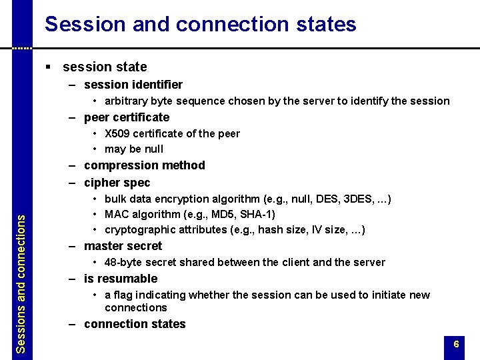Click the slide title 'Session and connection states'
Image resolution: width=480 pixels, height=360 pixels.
(x=200, y=25)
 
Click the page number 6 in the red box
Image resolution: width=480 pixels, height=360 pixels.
(x=456, y=345)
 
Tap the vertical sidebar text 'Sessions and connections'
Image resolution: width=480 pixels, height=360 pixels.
(x=21, y=283)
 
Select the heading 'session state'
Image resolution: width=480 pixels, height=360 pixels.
(x=105, y=67)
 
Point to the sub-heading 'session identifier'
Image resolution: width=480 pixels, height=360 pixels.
(x=133, y=85)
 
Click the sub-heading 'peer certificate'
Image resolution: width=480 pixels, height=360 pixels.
(x=127, y=117)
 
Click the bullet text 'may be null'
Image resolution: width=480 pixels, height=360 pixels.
(x=133, y=149)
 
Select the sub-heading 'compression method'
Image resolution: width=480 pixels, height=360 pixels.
(x=144, y=165)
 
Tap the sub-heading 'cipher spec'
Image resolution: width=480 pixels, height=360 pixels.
(x=117, y=183)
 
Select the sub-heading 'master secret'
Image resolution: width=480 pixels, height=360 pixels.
(x=123, y=246)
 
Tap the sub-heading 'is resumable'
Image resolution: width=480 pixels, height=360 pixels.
(x=121, y=279)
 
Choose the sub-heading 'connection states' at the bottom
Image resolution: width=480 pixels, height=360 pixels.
(x=135, y=324)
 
